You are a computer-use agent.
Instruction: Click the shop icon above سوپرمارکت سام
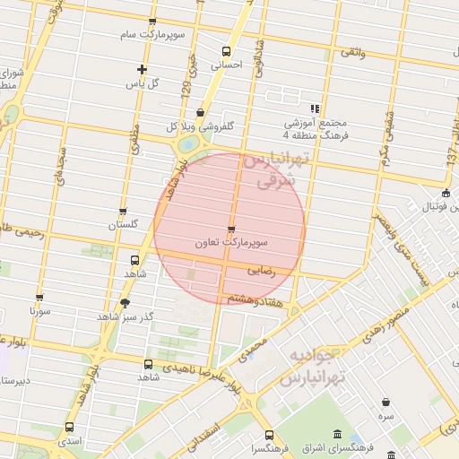point(152,22)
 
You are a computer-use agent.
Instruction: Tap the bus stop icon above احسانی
point(225,51)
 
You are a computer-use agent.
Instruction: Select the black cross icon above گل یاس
point(142,69)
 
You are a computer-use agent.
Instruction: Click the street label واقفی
point(352,53)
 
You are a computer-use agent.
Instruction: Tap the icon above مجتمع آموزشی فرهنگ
point(315,108)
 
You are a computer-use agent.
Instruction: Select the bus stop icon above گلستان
point(123,212)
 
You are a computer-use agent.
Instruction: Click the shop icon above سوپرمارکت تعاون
point(231,229)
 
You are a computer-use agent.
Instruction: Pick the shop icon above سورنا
point(39,297)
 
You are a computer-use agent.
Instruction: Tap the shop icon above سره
point(385,402)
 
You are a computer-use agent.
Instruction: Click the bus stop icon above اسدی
point(70,427)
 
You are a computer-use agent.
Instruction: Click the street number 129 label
point(186,90)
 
